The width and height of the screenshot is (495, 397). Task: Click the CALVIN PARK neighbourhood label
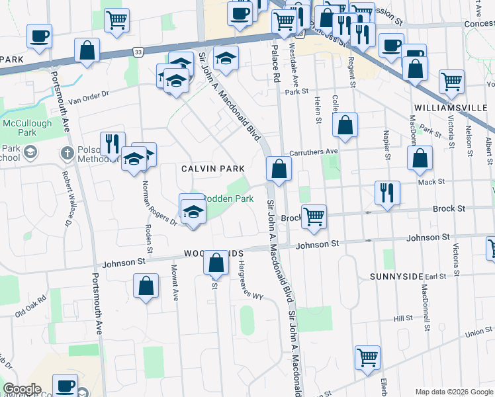[x=208, y=169]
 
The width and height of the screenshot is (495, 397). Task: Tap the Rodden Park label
[x=227, y=198]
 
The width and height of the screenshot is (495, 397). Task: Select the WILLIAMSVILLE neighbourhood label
[x=453, y=107]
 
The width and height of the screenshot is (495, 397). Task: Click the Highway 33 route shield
[x=138, y=51]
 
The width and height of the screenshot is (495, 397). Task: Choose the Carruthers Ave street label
[x=314, y=152]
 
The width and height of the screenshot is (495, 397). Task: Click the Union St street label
[x=478, y=331]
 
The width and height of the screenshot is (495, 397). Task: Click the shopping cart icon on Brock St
[x=314, y=216]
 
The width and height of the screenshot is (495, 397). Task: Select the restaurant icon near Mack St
[x=386, y=193]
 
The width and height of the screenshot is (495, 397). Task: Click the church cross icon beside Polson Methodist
[x=67, y=154]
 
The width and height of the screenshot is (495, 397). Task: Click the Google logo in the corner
[x=22, y=389]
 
